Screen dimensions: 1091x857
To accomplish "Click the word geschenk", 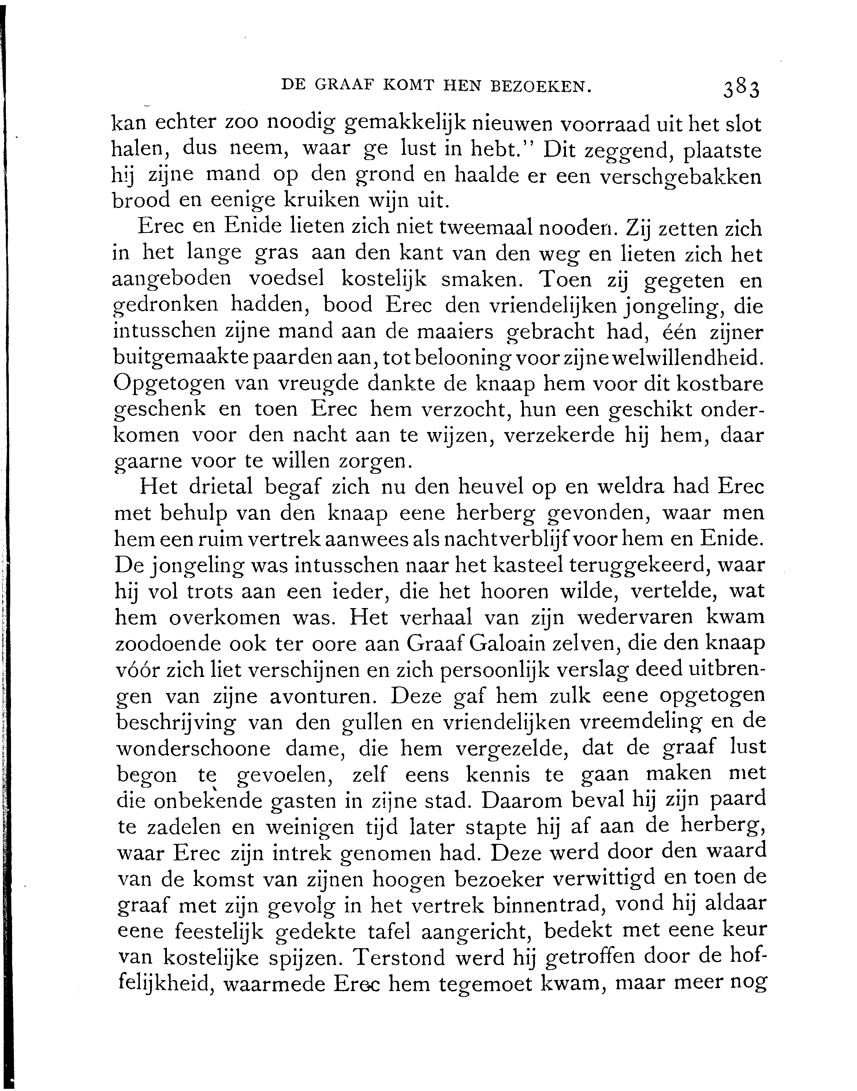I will (x=160, y=410).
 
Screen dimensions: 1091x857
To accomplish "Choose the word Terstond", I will (x=399, y=957).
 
